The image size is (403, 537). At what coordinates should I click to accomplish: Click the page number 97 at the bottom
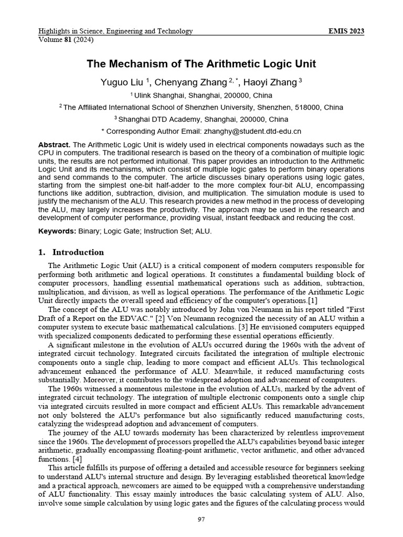[201, 519]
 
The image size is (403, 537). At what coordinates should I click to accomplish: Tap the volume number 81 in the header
[67, 39]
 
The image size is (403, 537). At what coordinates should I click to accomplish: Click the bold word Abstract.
[55, 144]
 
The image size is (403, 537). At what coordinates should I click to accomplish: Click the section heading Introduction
[78, 252]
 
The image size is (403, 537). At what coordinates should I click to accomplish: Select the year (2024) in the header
[83, 39]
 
